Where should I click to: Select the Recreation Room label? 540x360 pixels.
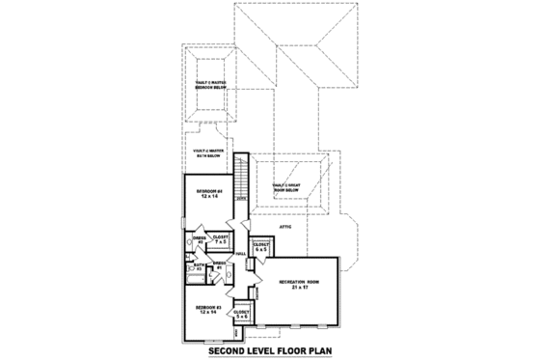point(299,282)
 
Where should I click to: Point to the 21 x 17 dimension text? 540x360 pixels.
point(299,289)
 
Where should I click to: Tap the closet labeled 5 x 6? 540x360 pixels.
point(241,314)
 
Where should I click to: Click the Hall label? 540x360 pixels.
point(239,254)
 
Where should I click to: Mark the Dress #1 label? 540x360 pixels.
point(219,263)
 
